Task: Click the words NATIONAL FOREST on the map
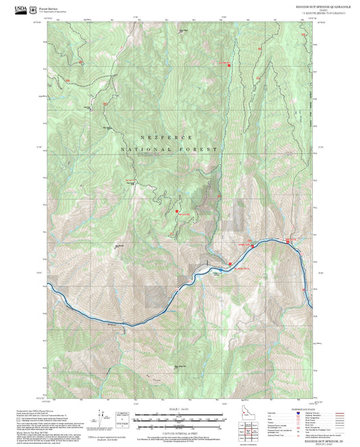(169, 149)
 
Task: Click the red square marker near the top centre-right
(229, 65)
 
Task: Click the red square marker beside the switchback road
(177, 211)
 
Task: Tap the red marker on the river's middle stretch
(230, 263)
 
